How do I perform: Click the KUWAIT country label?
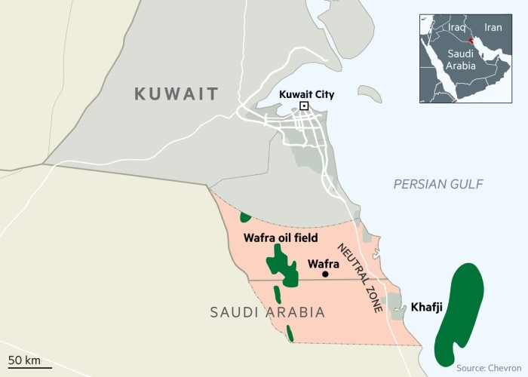(x=176, y=94)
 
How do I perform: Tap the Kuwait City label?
(x=306, y=94)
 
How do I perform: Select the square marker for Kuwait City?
(x=304, y=107)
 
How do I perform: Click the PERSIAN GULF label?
(x=438, y=184)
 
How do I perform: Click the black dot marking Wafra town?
(x=325, y=274)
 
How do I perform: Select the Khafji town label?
(x=428, y=308)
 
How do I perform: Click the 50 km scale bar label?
(x=24, y=358)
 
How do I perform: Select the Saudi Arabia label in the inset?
(x=461, y=60)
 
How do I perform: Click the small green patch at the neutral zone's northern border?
(x=245, y=217)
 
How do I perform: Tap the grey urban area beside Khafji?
(x=395, y=305)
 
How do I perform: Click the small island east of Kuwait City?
(x=369, y=93)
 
